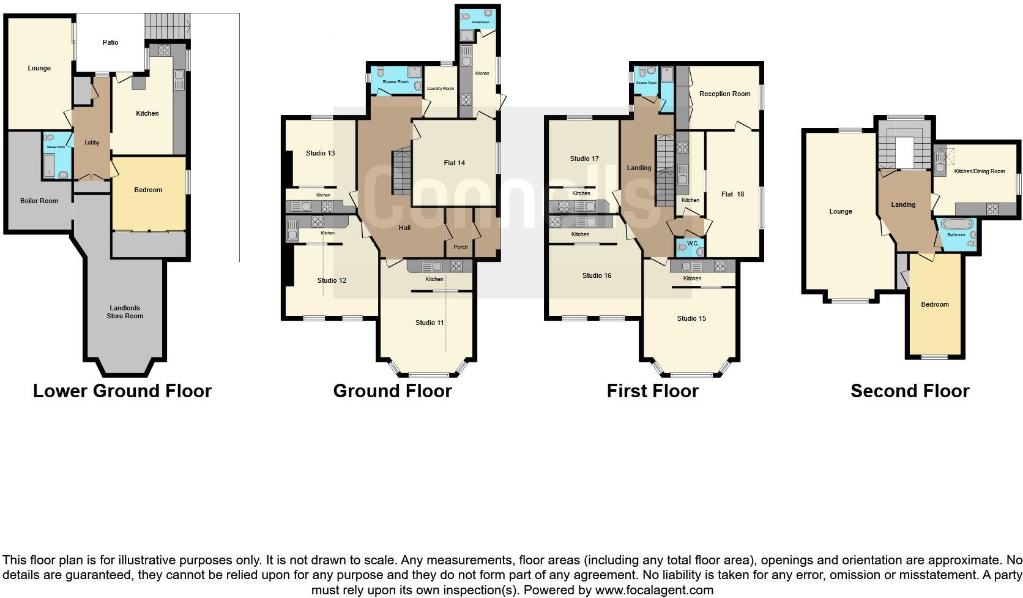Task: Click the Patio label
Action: [x=110, y=42]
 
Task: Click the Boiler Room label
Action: [x=39, y=201]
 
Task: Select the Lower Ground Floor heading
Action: [x=122, y=391]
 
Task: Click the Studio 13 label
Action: [x=320, y=153]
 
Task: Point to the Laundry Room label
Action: [x=441, y=89]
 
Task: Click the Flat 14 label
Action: [x=454, y=163]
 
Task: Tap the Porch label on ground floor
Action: [x=459, y=247]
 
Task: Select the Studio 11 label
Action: [x=430, y=323]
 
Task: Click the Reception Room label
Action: [x=724, y=94]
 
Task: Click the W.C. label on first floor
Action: [x=692, y=243]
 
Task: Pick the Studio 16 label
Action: [x=597, y=275]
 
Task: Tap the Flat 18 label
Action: [x=732, y=194]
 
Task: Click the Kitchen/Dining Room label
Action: [x=980, y=171]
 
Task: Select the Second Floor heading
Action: [x=909, y=391]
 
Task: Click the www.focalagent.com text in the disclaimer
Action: [x=655, y=590]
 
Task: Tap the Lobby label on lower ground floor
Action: [x=92, y=143]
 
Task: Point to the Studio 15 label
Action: [x=691, y=318]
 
